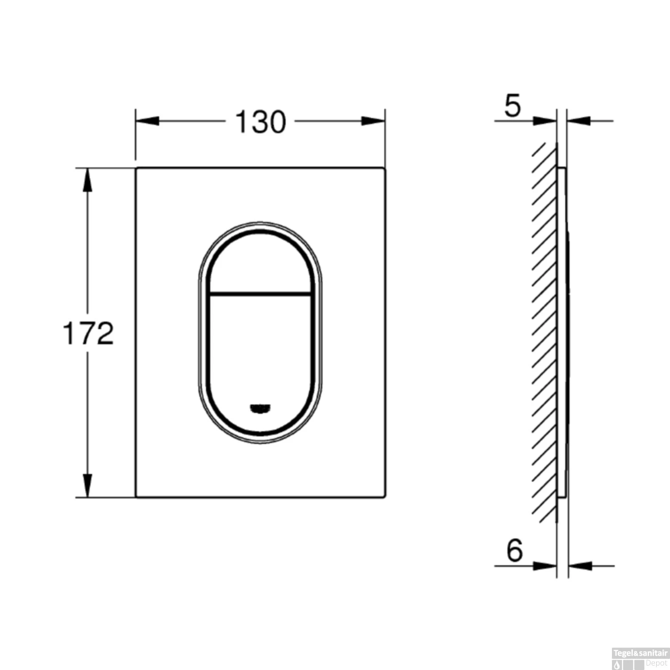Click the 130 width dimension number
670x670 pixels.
tap(260, 122)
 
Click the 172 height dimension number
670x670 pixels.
tap(88, 333)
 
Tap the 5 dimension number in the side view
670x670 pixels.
tap(512, 106)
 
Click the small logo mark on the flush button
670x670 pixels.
tap(260, 408)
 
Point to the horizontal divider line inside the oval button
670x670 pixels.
tap(260, 294)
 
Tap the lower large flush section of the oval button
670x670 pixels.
tap(260, 348)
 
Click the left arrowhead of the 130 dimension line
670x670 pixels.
tap(147, 121)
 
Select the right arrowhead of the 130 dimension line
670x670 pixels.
tap(373, 121)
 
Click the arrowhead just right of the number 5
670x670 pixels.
tap(545, 121)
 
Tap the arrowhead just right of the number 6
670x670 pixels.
tap(545, 566)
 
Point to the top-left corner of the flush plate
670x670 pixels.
tap(136, 168)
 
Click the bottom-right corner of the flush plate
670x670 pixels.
tap(385, 497)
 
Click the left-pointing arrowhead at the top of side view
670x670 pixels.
tap(579, 121)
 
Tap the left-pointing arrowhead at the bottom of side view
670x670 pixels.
tap(580, 566)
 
